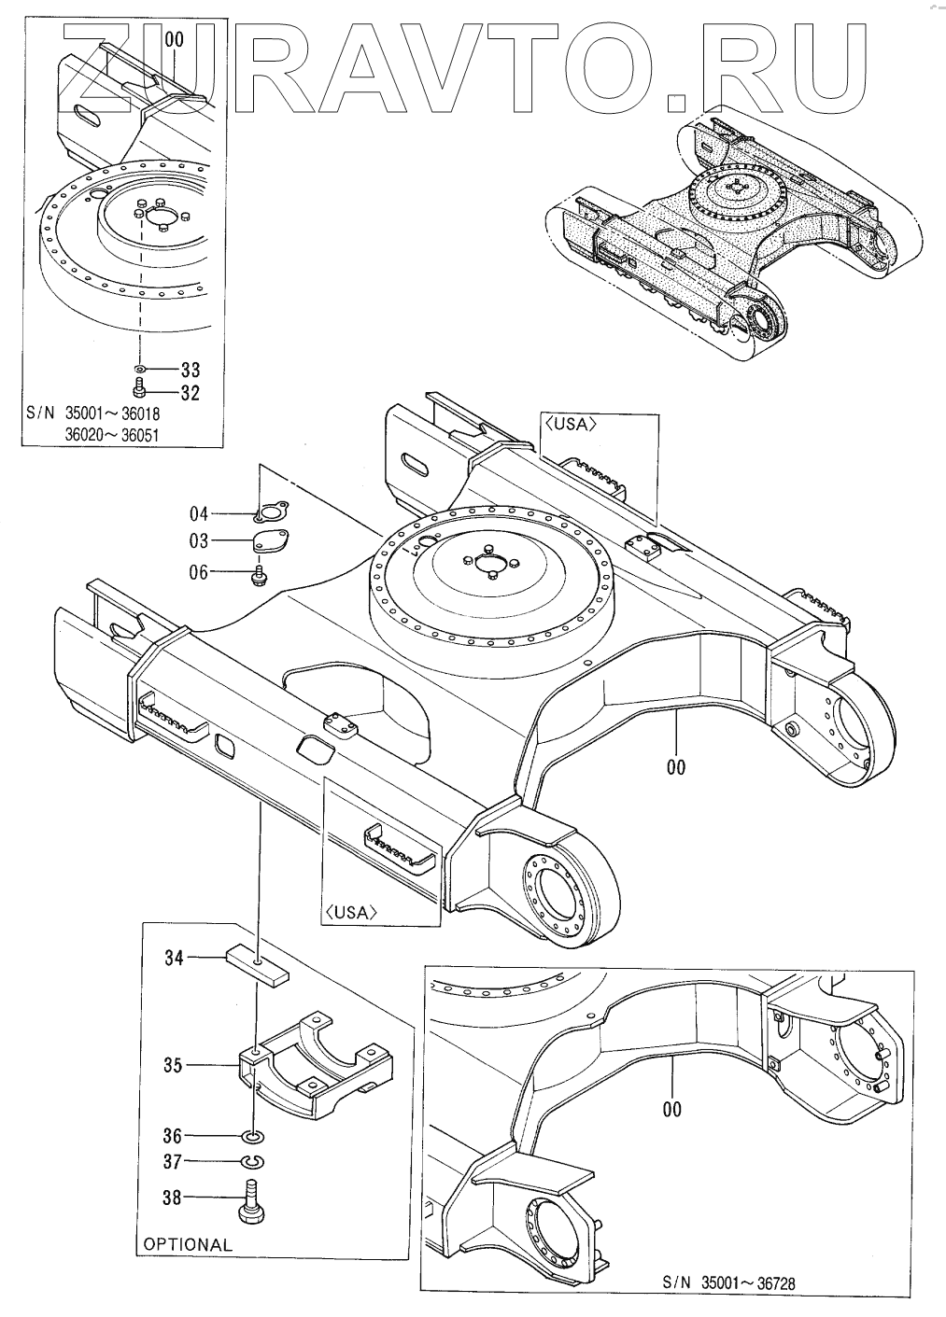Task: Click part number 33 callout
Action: click(x=190, y=370)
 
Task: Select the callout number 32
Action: click(x=190, y=393)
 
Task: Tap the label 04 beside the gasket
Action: click(x=199, y=513)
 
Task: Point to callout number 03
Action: click(x=199, y=541)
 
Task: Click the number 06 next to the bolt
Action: click(x=199, y=573)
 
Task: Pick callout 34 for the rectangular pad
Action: click(x=175, y=958)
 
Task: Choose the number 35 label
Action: click(x=173, y=1064)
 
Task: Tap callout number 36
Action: click(x=173, y=1136)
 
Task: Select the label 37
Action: click(x=173, y=1162)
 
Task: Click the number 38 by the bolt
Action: click(x=173, y=1197)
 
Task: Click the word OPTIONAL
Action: click(x=188, y=1244)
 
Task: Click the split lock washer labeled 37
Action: click(x=253, y=1162)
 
